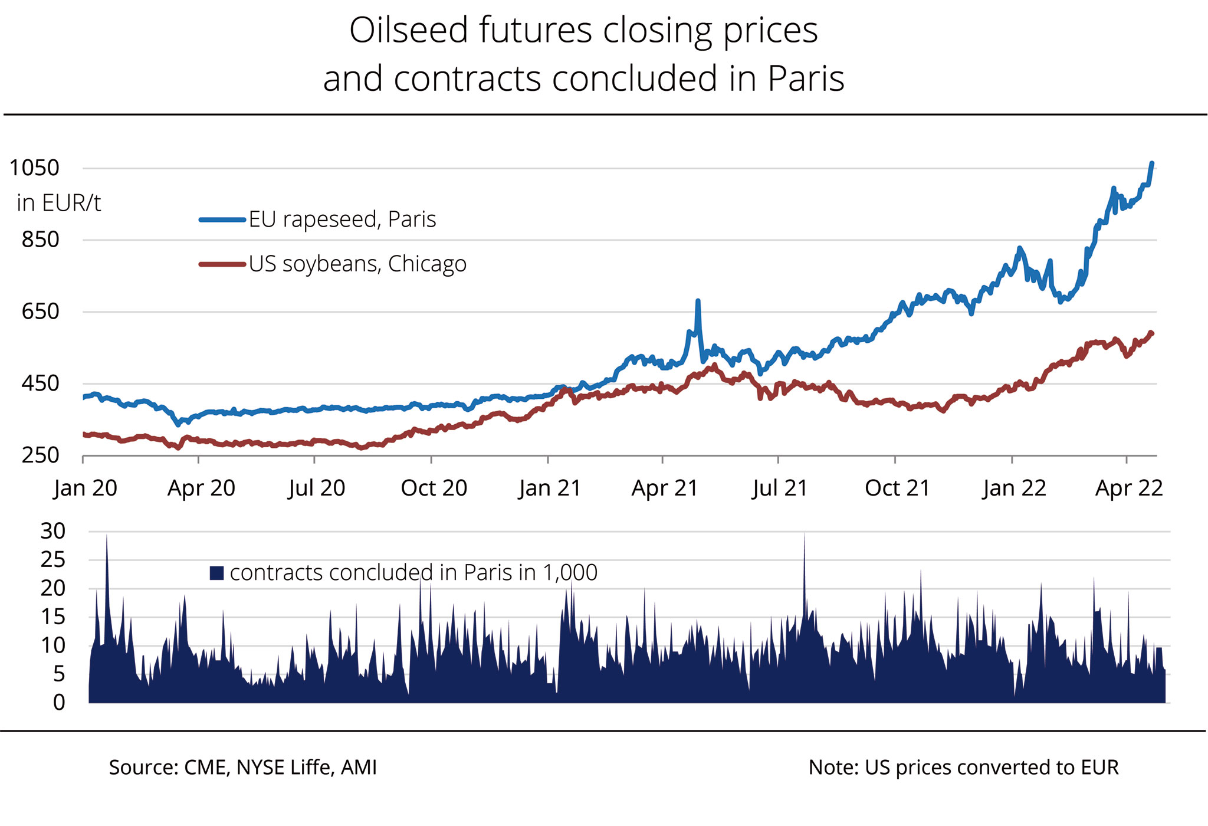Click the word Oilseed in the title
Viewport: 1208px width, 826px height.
tap(406, 31)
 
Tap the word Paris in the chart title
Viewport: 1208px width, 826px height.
tap(806, 79)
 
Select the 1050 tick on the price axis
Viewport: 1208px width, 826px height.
tap(35, 168)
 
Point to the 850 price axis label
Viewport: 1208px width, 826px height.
tap(41, 240)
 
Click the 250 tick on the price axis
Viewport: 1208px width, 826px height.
tap(41, 455)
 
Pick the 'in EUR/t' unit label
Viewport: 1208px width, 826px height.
tap(58, 204)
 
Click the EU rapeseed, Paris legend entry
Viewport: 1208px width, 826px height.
tap(342, 219)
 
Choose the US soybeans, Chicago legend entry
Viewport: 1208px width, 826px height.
tap(357, 264)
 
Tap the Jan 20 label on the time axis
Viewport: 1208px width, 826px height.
tap(86, 489)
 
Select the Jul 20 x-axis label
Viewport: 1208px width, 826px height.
tap(317, 489)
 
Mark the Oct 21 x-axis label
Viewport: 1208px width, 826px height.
tap(897, 489)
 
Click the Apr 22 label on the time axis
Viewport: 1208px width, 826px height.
tap(1128, 489)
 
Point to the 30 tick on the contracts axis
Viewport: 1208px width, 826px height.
tap(53, 531)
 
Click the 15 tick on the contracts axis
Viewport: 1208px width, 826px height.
tap(53, 617)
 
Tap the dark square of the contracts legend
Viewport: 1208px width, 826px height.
tap(216, 573)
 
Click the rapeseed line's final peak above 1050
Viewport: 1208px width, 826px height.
tap(1152, 163)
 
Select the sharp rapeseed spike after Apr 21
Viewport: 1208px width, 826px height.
tap(698, 301)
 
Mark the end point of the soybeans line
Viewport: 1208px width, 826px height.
tap(1151, 333)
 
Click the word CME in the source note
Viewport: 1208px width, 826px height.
tap(205, 768)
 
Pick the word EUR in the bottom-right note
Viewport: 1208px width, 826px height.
tap(1099, 768)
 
